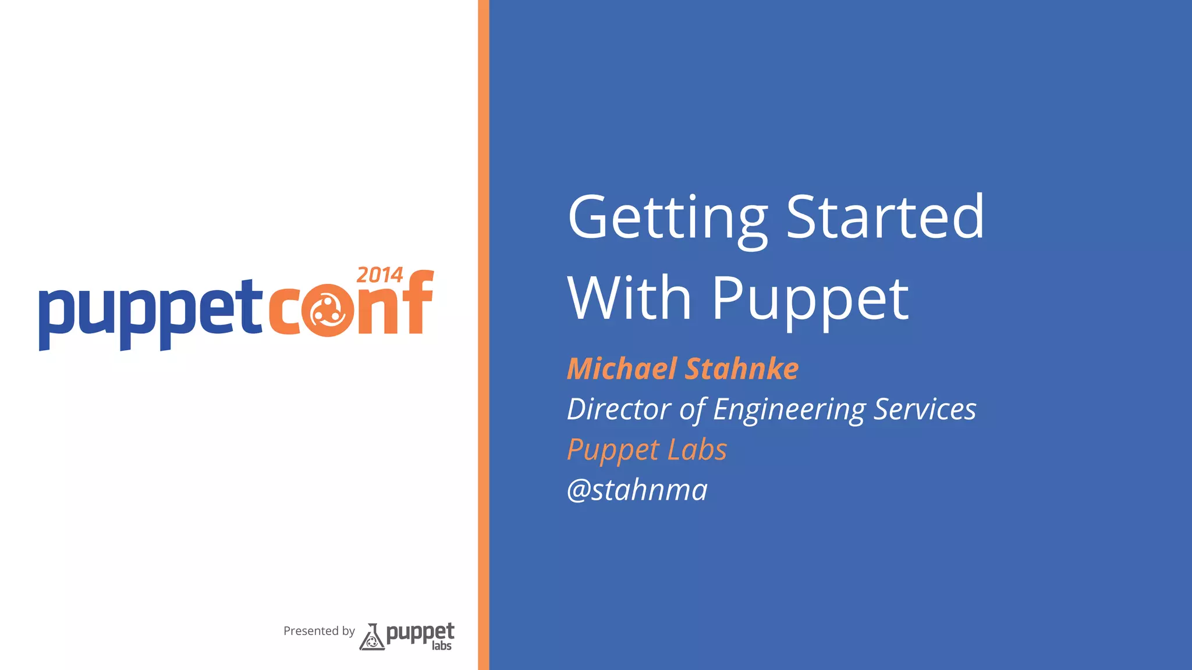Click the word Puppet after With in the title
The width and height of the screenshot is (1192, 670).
click(810, 299)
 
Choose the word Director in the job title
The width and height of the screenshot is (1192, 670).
click(619, 409)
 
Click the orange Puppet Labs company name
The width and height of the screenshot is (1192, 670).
click(647, 450)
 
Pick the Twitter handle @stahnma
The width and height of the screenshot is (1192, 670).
click(637, 490)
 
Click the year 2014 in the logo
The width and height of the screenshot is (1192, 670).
click(379, 275)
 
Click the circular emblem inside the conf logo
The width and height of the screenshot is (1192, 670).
click(328, 311)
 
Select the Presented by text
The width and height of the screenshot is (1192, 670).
click(319, 631)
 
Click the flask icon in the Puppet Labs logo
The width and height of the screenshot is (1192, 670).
click(372, 637)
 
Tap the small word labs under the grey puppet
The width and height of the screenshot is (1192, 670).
click(442, 646)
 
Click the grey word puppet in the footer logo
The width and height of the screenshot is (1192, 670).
click(420, 633)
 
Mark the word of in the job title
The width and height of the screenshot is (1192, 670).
click(693, 409)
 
